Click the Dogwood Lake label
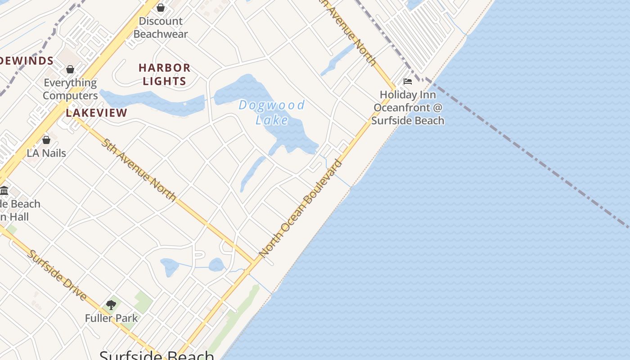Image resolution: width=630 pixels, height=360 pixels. click(x=272, y=112)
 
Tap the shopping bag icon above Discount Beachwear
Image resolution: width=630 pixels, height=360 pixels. click(x=161, y=8)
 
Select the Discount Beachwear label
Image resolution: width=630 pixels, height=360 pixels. click(x=161, y=27)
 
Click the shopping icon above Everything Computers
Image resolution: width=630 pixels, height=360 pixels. click(x=70, y=69)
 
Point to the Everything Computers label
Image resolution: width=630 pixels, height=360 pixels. click(x=70, y=89)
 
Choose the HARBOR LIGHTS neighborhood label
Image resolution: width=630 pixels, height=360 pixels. click(x=164, y=75)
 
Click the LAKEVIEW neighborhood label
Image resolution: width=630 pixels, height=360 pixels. click(x=96, y=113)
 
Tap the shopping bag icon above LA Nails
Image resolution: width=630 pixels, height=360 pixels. click(x=46, y=140)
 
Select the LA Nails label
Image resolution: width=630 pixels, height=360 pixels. click(x=46, y=153)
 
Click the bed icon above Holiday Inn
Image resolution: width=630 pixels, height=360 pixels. click(x=408, y=81)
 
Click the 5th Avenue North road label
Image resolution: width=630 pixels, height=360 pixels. click(x=139, y=170)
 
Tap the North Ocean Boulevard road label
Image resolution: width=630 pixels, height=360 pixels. click(x=301, y=208)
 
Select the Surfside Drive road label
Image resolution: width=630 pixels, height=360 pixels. click(x=57, y=274)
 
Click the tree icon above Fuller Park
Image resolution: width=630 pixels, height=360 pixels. click(x=111, y=305)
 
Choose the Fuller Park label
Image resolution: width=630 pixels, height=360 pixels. click(x=111, y=318)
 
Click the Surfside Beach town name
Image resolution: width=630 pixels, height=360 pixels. click(x=157, y=355)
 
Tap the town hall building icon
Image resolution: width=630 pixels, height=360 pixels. click(x=4, y=190)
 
